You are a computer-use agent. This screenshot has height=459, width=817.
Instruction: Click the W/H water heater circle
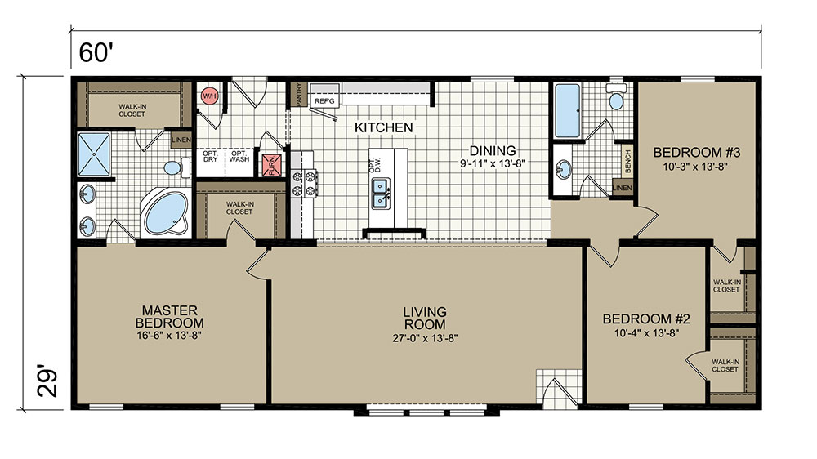(x=209, y=96)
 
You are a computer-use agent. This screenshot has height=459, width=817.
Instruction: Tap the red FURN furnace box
(x=272, y=165)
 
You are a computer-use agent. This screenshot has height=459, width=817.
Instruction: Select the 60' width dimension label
(x=96, y=52)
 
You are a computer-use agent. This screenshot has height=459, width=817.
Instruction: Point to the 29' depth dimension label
(x=47, y=384)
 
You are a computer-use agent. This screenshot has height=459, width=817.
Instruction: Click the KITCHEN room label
(x=383, y=127)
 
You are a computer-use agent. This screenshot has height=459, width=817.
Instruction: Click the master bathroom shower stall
(x=94, y=154)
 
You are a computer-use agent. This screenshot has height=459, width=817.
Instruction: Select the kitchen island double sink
(x=381, y=194)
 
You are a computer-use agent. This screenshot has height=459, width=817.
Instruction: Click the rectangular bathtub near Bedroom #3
(x=568, y=110)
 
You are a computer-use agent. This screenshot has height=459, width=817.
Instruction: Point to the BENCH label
(x=627, y=161)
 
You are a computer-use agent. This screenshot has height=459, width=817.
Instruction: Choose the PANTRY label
(x=298, y=94)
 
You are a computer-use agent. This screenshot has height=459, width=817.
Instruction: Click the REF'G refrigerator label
(x=324, y=101)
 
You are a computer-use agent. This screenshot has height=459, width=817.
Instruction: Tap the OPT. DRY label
(x=211, y=156)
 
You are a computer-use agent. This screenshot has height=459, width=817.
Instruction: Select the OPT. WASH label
(x=239, y=156)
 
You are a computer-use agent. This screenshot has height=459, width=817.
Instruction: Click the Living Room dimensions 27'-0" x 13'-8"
(x=425, y=338)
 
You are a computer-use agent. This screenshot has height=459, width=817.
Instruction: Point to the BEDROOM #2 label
(x=646, y=319)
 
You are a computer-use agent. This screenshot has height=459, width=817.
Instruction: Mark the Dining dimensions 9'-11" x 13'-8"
(x=493, y=163)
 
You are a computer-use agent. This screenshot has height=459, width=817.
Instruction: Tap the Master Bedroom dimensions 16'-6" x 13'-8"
(x=169, y=336)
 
